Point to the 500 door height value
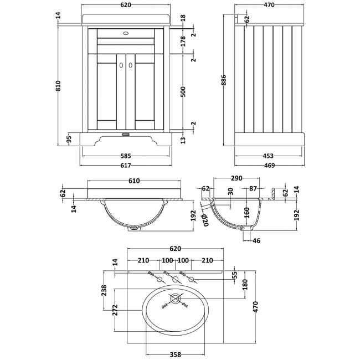click(x=183, y=91)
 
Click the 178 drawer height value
click(x=183, y=40)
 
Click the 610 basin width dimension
click(x=134, y=181)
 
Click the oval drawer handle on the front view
click(x=126, y=32)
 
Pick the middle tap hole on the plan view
click(x=177, y=280)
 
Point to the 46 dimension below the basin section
click(x=256, y=241)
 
